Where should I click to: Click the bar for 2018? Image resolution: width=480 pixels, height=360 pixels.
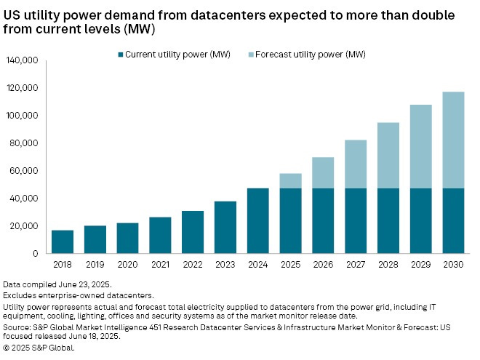point(62,241)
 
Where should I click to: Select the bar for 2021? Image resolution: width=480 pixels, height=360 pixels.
point(160,235)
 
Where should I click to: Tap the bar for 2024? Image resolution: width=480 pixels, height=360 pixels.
point(258,220)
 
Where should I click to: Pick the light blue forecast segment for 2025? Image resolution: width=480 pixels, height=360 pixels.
point(291,180)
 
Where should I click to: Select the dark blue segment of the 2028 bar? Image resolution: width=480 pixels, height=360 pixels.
point(388,220)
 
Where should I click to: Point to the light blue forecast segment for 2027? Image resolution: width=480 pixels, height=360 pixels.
point(356,164)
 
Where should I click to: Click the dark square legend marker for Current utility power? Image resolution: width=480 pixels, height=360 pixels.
point(120,55)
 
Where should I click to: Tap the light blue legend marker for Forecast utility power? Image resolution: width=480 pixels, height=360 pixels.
point(249,55)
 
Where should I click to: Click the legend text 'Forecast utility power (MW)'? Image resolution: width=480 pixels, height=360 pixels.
point(311,55)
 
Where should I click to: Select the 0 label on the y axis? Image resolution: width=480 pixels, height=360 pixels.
point(35,254)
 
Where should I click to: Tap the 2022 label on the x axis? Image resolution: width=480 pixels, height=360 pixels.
point(193,266)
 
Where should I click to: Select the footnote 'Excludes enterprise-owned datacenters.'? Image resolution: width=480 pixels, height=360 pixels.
point(78,296)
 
